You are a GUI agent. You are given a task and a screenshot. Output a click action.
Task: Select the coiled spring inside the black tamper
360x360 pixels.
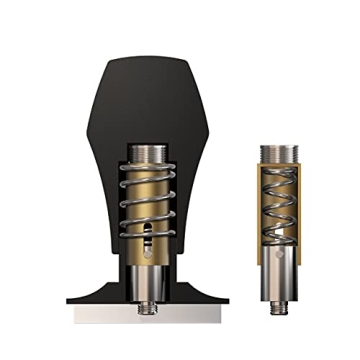click(148, 200)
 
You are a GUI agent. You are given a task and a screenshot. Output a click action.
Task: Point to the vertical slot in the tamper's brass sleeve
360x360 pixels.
click(150, 239)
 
